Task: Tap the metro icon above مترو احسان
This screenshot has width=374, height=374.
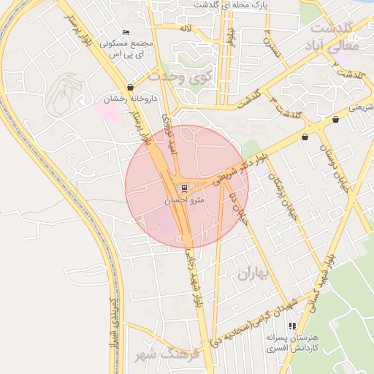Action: point(184,188)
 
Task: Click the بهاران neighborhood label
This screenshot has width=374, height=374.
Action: point(253,275)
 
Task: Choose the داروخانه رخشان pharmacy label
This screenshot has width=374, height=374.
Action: point(121,98)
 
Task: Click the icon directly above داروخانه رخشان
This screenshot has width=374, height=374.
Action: point(130,88)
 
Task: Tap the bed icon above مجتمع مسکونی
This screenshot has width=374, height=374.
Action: point(126,33)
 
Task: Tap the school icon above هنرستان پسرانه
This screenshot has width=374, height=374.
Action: point(292,327)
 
